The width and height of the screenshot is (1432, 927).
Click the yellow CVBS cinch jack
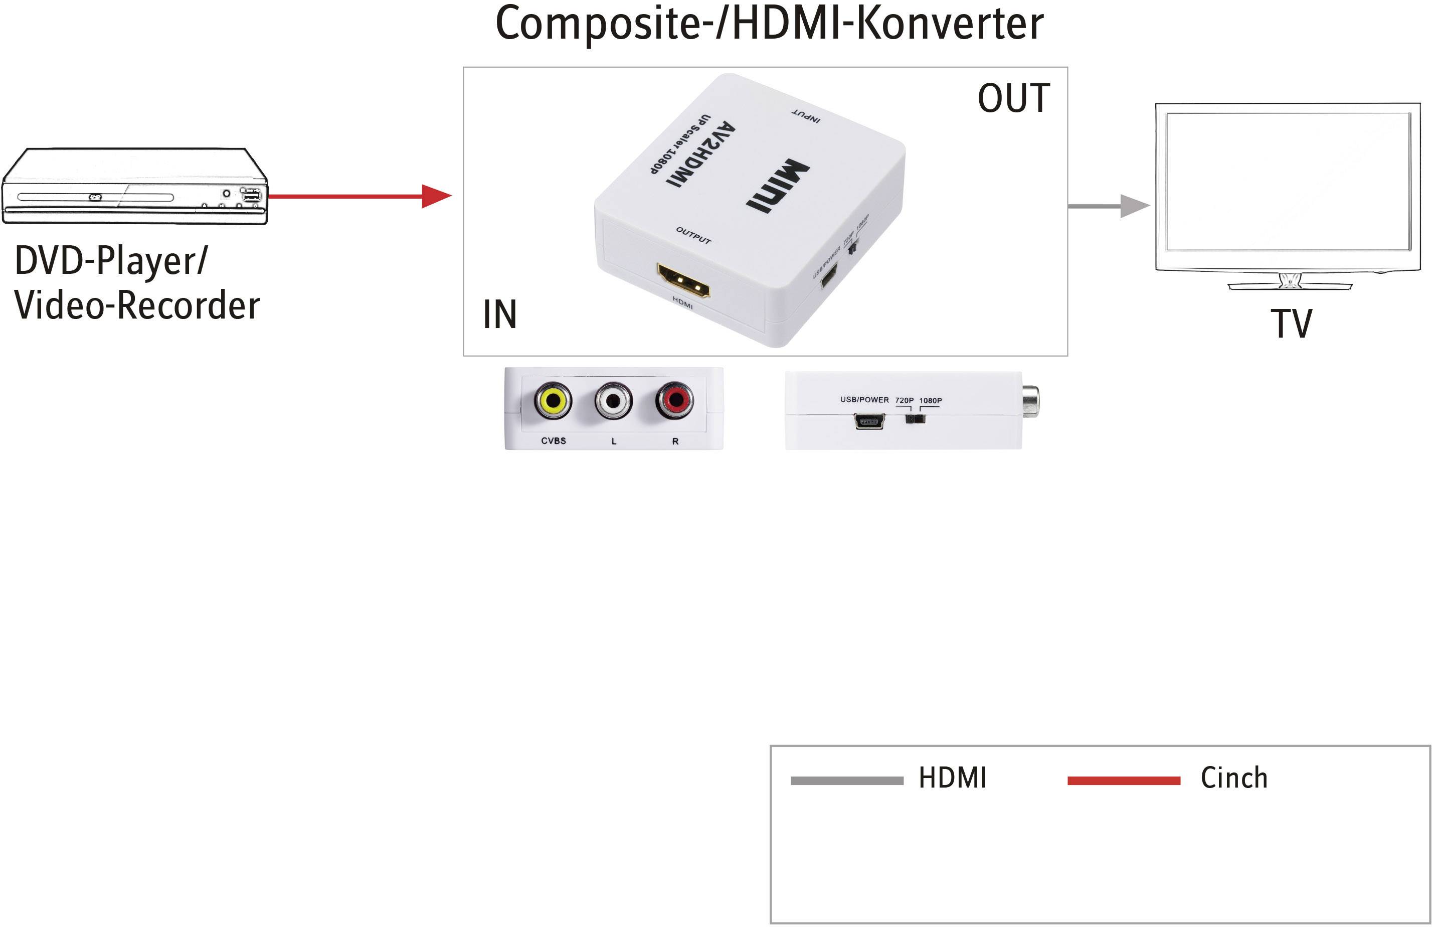(553, 400)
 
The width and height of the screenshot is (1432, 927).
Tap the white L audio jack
(613, 400)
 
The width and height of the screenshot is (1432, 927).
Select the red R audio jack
(674, 400)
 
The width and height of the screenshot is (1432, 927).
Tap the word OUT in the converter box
(1013, 98)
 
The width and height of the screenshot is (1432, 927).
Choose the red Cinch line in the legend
(1123, 781)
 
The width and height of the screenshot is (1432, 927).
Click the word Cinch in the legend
(1234, 777)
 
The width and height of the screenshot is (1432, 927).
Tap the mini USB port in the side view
(869, 422)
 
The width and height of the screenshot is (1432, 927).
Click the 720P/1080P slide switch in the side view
(915, 418)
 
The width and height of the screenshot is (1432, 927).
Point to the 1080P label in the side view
(930, 400)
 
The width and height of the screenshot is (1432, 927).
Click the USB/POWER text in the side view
(864, 400)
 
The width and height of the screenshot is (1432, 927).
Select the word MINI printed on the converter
(777, 186)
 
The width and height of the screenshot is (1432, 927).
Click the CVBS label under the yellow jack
(553, 440)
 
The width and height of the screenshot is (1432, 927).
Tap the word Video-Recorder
(137, 305)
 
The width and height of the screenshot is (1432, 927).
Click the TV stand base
(1290, 286)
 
